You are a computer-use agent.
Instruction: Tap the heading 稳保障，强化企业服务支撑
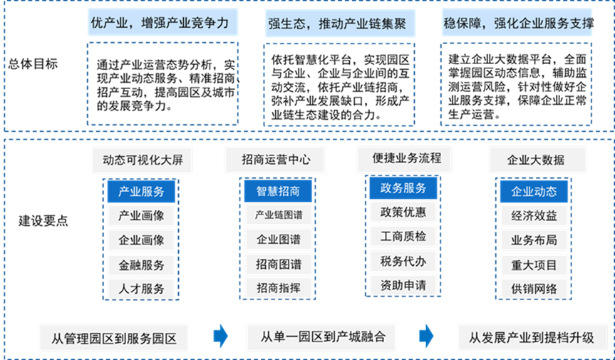tap(517, 24)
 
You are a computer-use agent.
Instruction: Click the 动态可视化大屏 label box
tap(142, 160)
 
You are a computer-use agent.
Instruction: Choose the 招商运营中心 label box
tap(275, 160)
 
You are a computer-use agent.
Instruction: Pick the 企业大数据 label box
tap(537, 160)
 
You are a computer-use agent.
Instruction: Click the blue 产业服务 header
tap(141, 191)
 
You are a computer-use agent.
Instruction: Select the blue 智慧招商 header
tap(274, 191)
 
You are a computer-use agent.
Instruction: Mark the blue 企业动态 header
tap(534, 191)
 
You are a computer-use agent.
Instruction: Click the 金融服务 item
tap(141, 264)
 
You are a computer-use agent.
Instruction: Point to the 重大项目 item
tap(534, 264)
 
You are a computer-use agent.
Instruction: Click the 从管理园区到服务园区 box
tap(115, 337)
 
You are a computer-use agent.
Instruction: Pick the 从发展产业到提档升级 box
tap(532, 337)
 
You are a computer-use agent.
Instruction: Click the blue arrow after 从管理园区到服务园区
tap(221, 336)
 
